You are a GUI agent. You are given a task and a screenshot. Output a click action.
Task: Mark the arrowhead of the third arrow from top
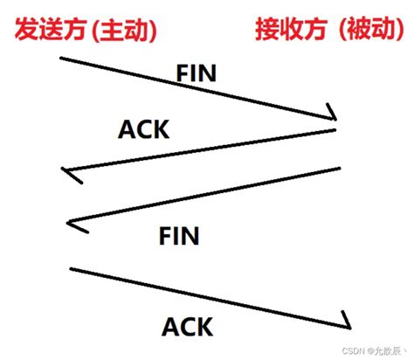pos(72,224)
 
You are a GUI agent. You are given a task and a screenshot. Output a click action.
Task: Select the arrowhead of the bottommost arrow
pos(348,321)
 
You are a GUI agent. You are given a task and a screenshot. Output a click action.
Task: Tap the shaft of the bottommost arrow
pos(210,295)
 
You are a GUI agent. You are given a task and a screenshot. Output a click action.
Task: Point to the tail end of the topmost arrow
pos(60,58)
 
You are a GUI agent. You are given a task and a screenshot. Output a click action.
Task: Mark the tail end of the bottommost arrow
pos(70,269)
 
